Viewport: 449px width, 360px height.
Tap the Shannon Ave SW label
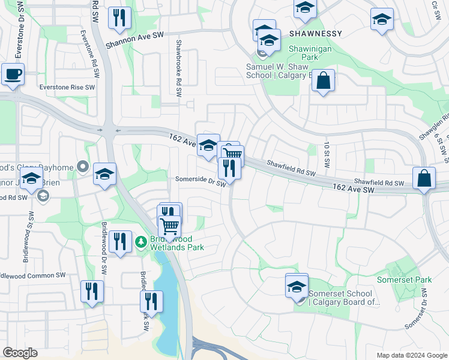134,41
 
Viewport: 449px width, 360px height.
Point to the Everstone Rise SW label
67,87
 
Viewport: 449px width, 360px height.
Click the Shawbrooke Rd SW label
178,68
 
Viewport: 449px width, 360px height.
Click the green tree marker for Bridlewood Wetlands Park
141,242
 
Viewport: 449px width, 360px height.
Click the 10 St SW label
328,154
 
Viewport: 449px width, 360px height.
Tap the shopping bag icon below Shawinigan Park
323,81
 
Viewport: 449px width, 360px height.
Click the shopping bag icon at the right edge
424,178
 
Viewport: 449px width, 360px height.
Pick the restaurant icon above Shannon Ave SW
119,18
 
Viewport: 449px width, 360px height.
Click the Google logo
20,353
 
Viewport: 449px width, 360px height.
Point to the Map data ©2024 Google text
412,355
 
